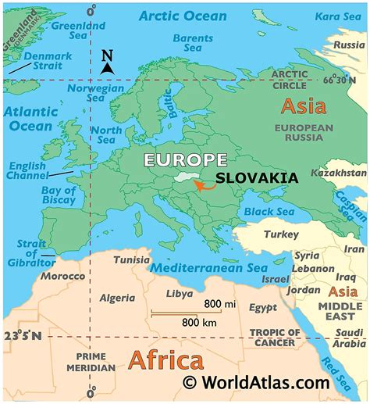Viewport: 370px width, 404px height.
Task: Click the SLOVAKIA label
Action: click(x=257, y=177)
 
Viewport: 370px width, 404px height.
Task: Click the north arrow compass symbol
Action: click(x=108, y=62)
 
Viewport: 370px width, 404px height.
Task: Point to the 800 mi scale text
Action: click(x=221, y=303)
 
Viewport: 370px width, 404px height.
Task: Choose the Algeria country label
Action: click(x=118, y=298)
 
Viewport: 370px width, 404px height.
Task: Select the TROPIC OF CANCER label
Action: click(x=272, y=338)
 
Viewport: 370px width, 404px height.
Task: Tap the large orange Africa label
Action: click(x=165, y=360)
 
